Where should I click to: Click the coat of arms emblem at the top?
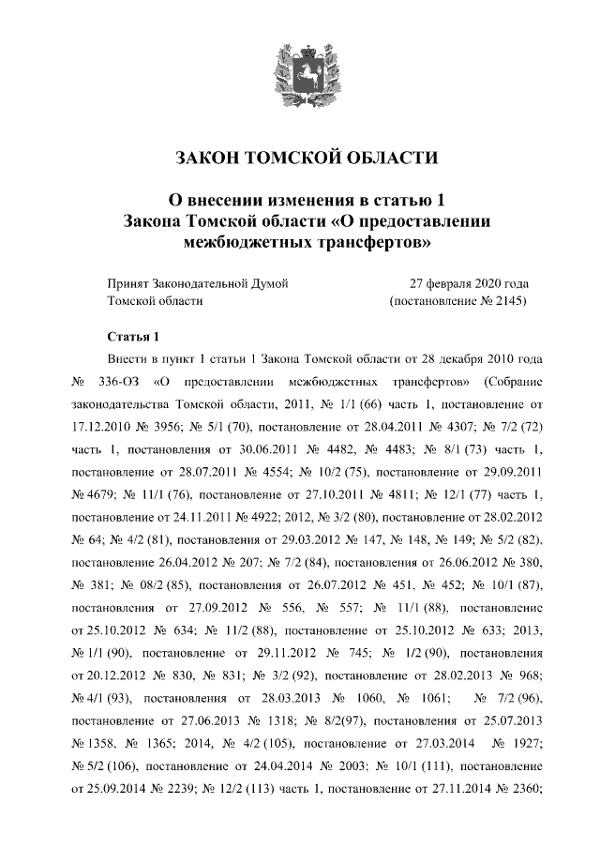click(299, 74)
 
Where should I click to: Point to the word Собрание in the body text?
click(510, 383)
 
